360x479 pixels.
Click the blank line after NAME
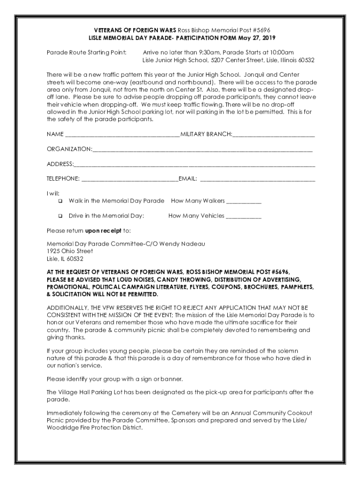point(122,136)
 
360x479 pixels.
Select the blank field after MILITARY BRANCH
point(274,136)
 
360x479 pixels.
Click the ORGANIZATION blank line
point(202,150)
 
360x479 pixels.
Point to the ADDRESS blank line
point(194,165)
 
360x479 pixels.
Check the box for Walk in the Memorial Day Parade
point(60,202)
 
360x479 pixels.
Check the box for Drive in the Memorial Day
point(60,217)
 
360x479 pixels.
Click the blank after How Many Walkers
point(244,203)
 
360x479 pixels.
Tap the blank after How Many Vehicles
point(244,218)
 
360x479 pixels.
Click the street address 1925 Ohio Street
point(66,251)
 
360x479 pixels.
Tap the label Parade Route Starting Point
point(86,52)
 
